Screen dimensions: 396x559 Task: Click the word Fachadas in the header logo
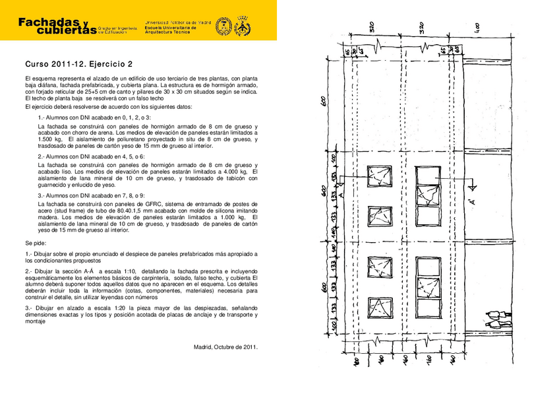pyautogui.click(x=49, y=22)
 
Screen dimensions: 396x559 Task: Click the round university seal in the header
pyautogui.click(x=223, y=26)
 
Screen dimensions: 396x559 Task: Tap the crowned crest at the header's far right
pyautogui.click(x=243, y=26)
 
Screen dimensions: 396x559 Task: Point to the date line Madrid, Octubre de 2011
pyautogui.click(x=225, y=347)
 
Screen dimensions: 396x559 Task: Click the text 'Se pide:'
pyautogui.click(x=36, y=243)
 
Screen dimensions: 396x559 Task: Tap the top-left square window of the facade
pyautogui.click(x=380, y=177)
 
